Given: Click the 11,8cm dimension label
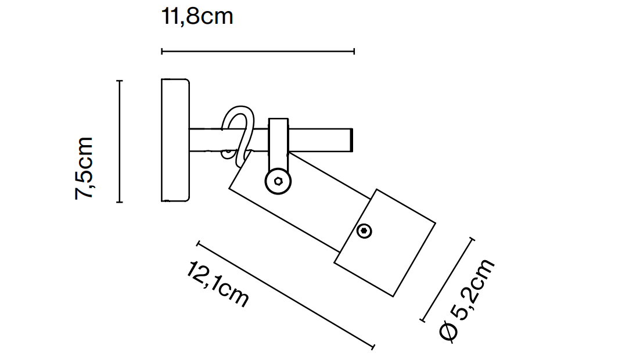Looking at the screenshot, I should click(x=197, y=16).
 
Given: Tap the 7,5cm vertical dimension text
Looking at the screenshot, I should click(x=84, y=168).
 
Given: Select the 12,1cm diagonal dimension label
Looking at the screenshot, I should click(x=218, y=284).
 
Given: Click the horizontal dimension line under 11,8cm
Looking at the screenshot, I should click(x=257, y=52).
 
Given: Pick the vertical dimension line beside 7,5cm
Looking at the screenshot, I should click(x=119, y=141).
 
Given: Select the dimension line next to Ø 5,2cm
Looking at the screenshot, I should click(x=447, y=279).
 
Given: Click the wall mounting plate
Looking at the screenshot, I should click(x=175, y=140).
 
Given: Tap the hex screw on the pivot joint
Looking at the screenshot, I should click(x=278, y=182).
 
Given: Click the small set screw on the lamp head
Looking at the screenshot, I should click(x=365, y=231).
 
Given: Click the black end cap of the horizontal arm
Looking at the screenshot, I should click(x=352, y=140).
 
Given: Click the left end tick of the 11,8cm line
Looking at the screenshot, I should click(x=161, y=52).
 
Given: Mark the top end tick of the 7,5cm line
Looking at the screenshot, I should click(x=119, y=81).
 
